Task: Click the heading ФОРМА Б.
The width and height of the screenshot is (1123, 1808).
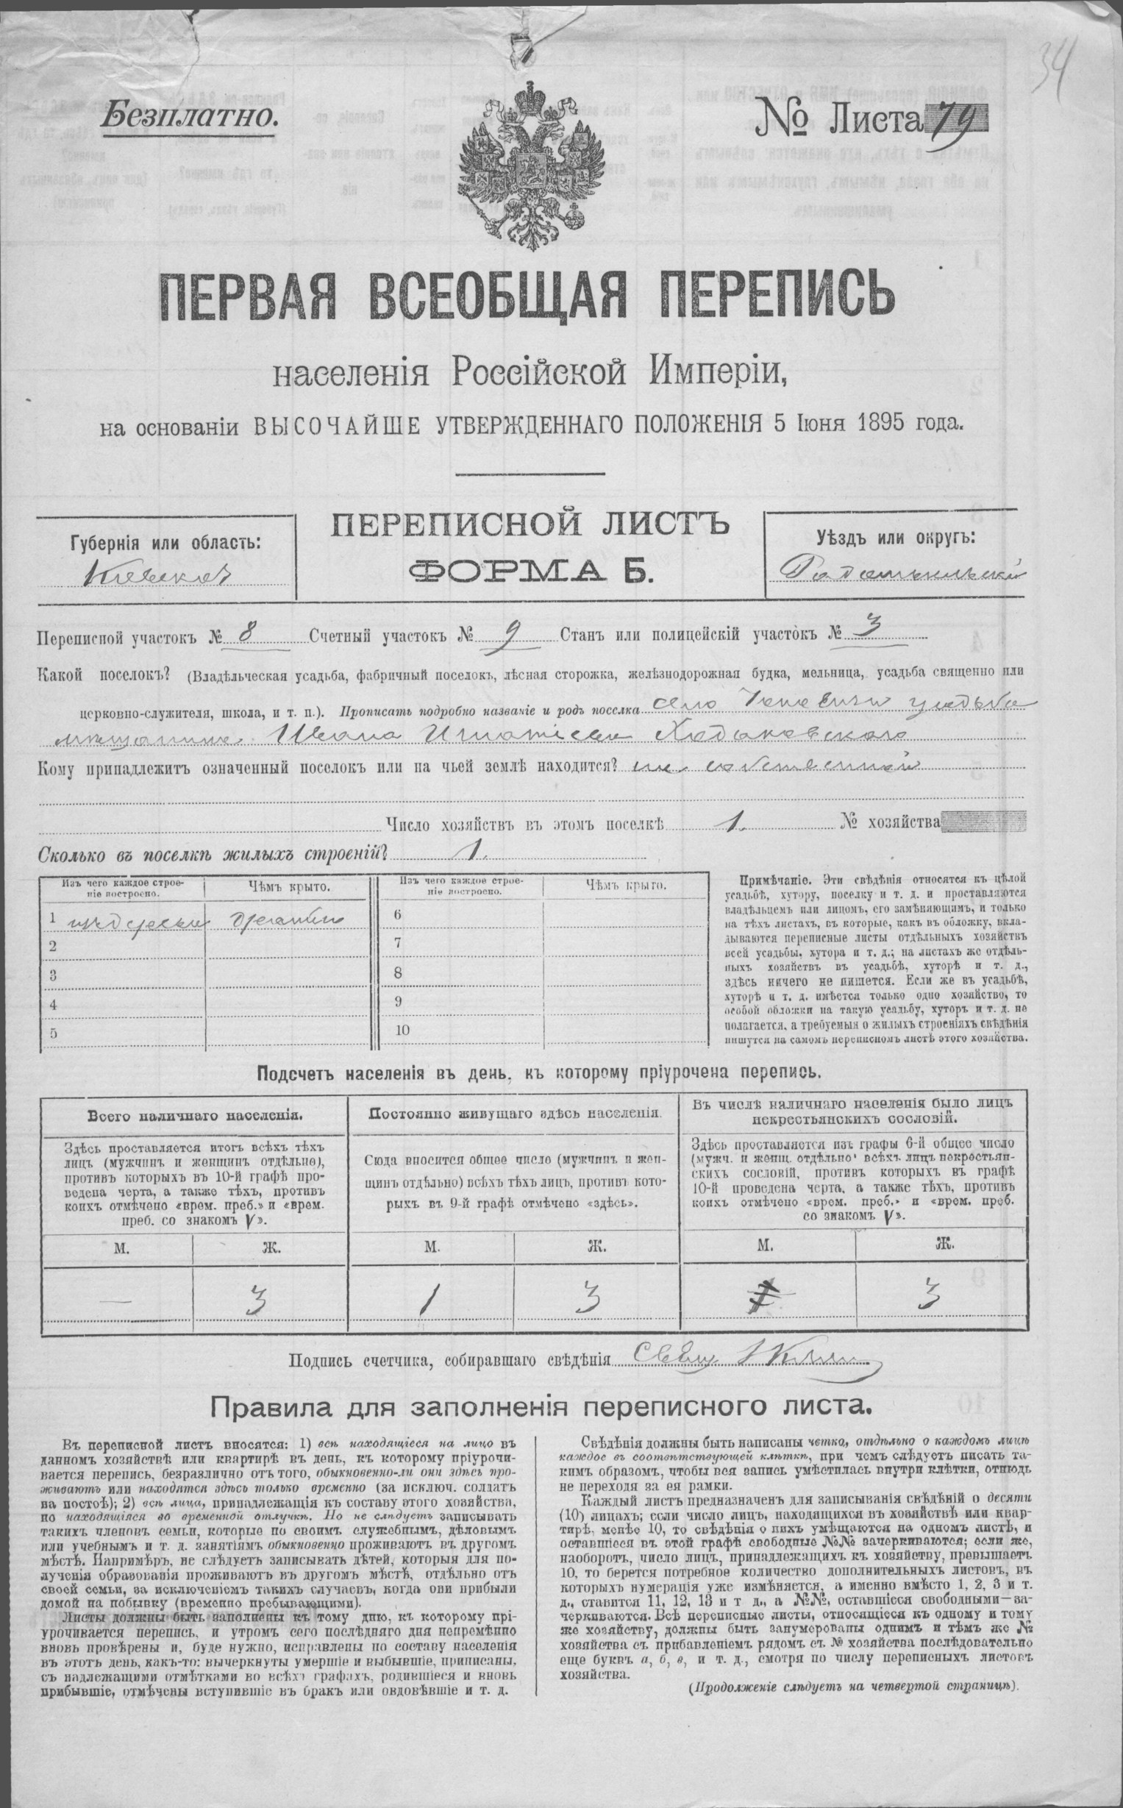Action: pos(530,571)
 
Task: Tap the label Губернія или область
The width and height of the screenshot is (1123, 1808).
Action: pos(165,542)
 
